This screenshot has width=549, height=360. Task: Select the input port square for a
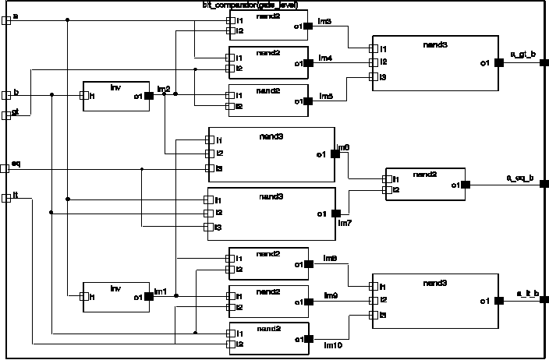(5, 19)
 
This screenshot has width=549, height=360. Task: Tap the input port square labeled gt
(5, 115)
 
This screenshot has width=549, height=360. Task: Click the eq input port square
(5, 168)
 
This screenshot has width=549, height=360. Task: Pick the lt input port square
(5, 197)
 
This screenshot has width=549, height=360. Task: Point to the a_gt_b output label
(522, 54)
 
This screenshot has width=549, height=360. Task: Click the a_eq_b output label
(521, 178)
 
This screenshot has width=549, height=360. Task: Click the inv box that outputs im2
(116, 96)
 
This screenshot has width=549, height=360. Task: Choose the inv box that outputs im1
(115, 295)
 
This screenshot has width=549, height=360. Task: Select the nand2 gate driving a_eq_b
(424, 185)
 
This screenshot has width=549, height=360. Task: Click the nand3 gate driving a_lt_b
(434, 300)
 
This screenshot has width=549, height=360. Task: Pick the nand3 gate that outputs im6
(271, 154)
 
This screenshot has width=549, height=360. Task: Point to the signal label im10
(332, 344)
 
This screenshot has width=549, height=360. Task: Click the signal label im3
(326, 20)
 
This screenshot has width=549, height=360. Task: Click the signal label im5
(326, 96)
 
